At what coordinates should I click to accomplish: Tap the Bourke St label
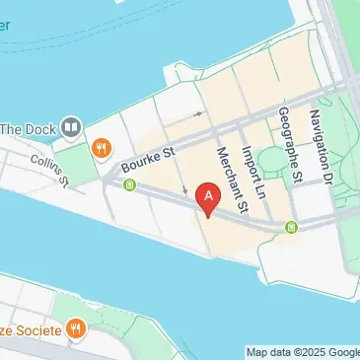click(x=147, y=160)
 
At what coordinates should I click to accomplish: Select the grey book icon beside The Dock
click(x=70, y=126)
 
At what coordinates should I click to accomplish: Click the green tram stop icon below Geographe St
click(x=291, y=229)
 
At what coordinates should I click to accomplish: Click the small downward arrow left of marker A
click(x=185, y=189)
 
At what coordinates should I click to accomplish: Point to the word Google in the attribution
click(x=345, y=352)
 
